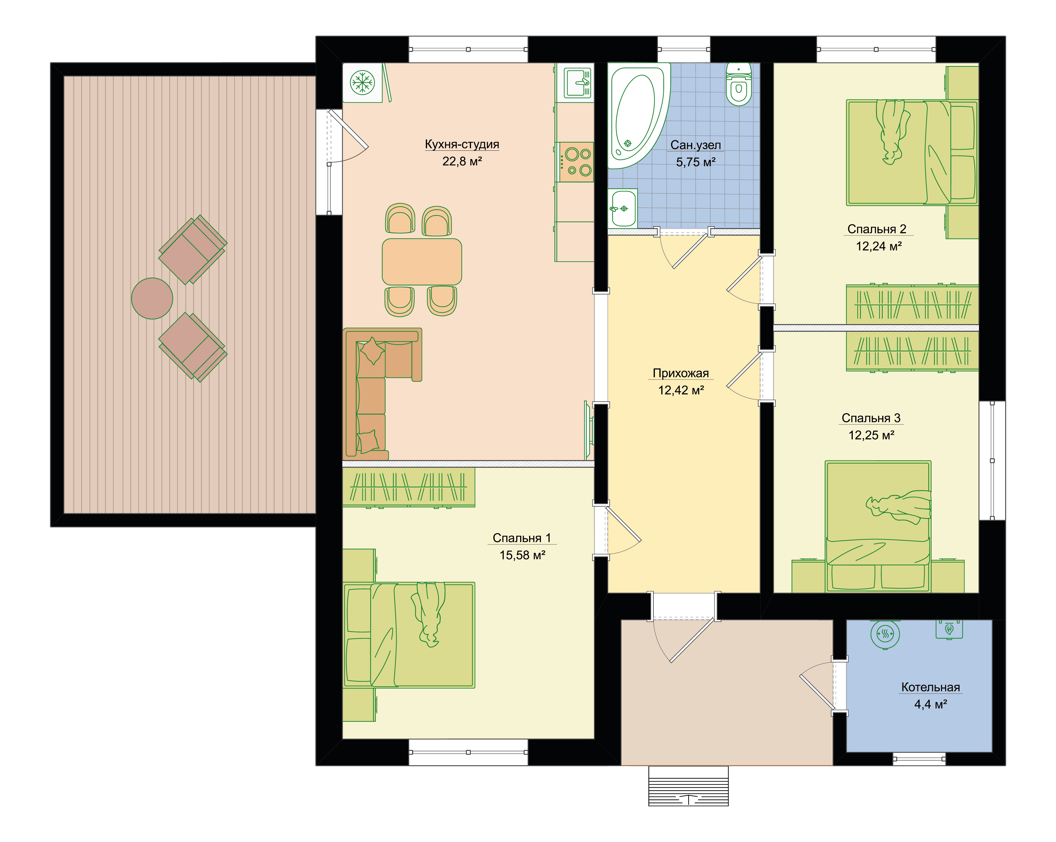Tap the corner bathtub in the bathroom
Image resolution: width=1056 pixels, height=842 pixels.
(637, 115)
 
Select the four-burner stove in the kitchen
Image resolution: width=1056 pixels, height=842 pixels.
(577, 162)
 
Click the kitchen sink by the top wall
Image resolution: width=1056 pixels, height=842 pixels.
(578, 83)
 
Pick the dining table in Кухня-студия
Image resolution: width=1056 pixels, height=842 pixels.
(422, 262)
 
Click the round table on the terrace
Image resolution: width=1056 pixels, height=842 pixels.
(152, 298)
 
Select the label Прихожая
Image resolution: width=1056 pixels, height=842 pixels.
(681, 373)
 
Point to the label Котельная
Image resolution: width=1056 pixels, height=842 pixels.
(931, 687)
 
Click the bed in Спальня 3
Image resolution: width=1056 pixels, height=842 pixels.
(878, 527)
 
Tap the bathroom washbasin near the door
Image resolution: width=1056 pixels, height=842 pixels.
(623, 209)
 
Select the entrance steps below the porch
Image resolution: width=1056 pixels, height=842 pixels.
(689, 786)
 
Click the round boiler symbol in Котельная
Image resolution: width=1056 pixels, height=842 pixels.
(885, 634)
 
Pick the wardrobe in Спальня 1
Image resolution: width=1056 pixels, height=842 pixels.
(408, 487)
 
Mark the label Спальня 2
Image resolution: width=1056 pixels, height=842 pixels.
(877, 229)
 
